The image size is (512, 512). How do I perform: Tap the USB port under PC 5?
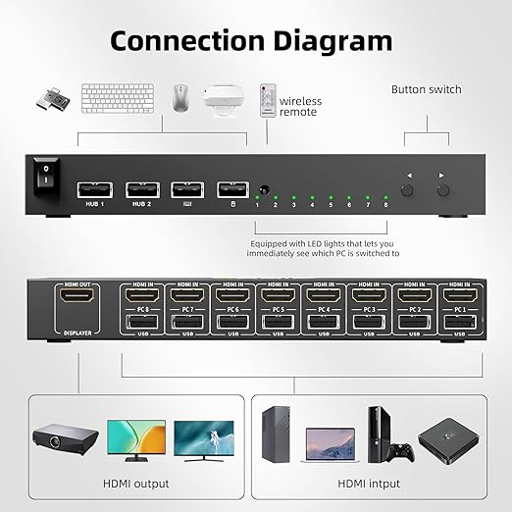pyautogui.click(x=277, y=321)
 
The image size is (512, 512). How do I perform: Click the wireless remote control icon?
pyautogui.click(x=267, y=100)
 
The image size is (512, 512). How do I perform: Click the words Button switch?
pyautogui.click(x=426, y=90)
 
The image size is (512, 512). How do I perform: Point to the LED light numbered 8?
pyautogui.click(x=385, y=195)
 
